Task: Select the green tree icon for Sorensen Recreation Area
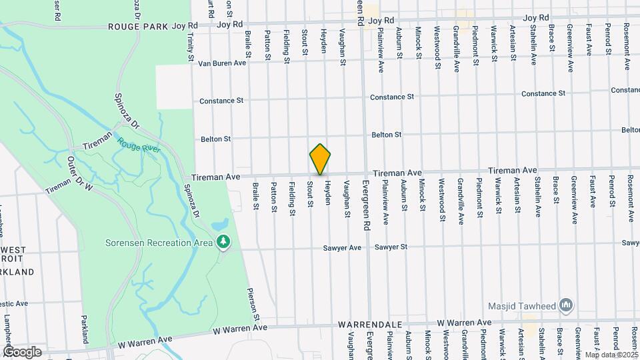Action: (225, 241)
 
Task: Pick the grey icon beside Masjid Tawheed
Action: (567, 306)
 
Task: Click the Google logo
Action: (21, 352)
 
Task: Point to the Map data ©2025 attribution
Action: (611, 354)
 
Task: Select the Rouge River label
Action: (139, 143)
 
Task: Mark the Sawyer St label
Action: (391, 247)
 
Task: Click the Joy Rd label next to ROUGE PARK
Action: (185, 25)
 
